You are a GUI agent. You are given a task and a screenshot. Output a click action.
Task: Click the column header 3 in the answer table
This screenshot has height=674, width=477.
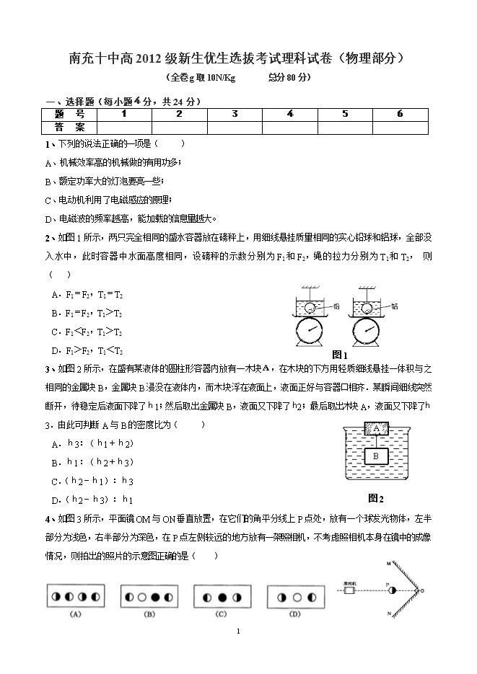(235, 114)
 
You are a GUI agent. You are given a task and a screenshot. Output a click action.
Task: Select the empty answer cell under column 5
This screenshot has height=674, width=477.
(345, 127)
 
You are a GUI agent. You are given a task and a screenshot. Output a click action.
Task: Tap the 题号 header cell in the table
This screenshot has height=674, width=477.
(69, 114)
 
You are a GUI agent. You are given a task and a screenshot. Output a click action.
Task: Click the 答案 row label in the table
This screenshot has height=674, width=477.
(69, 127)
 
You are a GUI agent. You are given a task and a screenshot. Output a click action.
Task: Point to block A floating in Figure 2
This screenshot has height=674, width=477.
(376, 427)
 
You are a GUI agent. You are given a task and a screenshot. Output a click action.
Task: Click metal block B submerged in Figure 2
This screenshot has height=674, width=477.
(376, 456)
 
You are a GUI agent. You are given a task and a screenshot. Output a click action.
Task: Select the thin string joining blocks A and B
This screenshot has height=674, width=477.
(376, 441)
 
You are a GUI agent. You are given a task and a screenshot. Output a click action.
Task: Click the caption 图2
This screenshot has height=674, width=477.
(375, 498)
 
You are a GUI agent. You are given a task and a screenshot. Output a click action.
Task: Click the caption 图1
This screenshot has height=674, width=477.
(340, 355)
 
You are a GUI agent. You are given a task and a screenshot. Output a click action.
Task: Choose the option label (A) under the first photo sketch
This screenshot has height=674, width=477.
(74, 614)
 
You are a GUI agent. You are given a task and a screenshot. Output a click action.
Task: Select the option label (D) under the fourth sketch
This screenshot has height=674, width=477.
(294, 614)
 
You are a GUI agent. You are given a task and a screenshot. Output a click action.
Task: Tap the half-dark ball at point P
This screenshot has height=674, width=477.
(392, 590)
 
